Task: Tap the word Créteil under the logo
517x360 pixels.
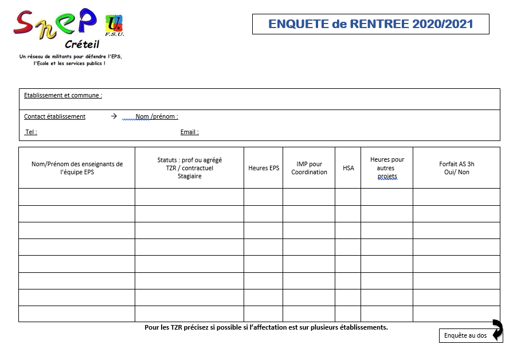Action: pyautogui.click(x=82, y=45)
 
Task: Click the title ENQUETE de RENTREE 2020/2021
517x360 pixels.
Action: pyautogui.click(x=371, y=24)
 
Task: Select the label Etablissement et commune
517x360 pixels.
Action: pyautogui.click(x=63, y=96)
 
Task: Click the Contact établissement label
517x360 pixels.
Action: pyautogui.click(x=54, y=116)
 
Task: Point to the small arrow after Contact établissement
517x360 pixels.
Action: pyautogui.click(x=113, y=116)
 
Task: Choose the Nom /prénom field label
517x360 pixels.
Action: pyautogui.click(x=156, y=116)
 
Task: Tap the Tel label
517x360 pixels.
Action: pyautogui.click(x=31, y=132)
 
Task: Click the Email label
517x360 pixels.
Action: pyautogui.click(x=189, y=132)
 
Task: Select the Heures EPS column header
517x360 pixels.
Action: pyautogui.click(x=264, y=168)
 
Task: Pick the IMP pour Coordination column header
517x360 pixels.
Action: pyautogui.click(x=309, y=168)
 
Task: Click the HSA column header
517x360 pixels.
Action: pyautogui.click(x=348, y=168)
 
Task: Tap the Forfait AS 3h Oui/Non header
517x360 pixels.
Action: pyautogui.click(x=456, y=168)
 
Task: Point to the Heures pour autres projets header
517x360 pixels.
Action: pyautogui.click(x=387, y=168)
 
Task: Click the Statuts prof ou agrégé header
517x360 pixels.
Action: pyautogui.click(x=189, y=168)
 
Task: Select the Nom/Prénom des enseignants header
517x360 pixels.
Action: pyautogui.click(x=77, y=168)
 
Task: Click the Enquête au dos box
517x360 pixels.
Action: pyautogui.click(x=465, y=336)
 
